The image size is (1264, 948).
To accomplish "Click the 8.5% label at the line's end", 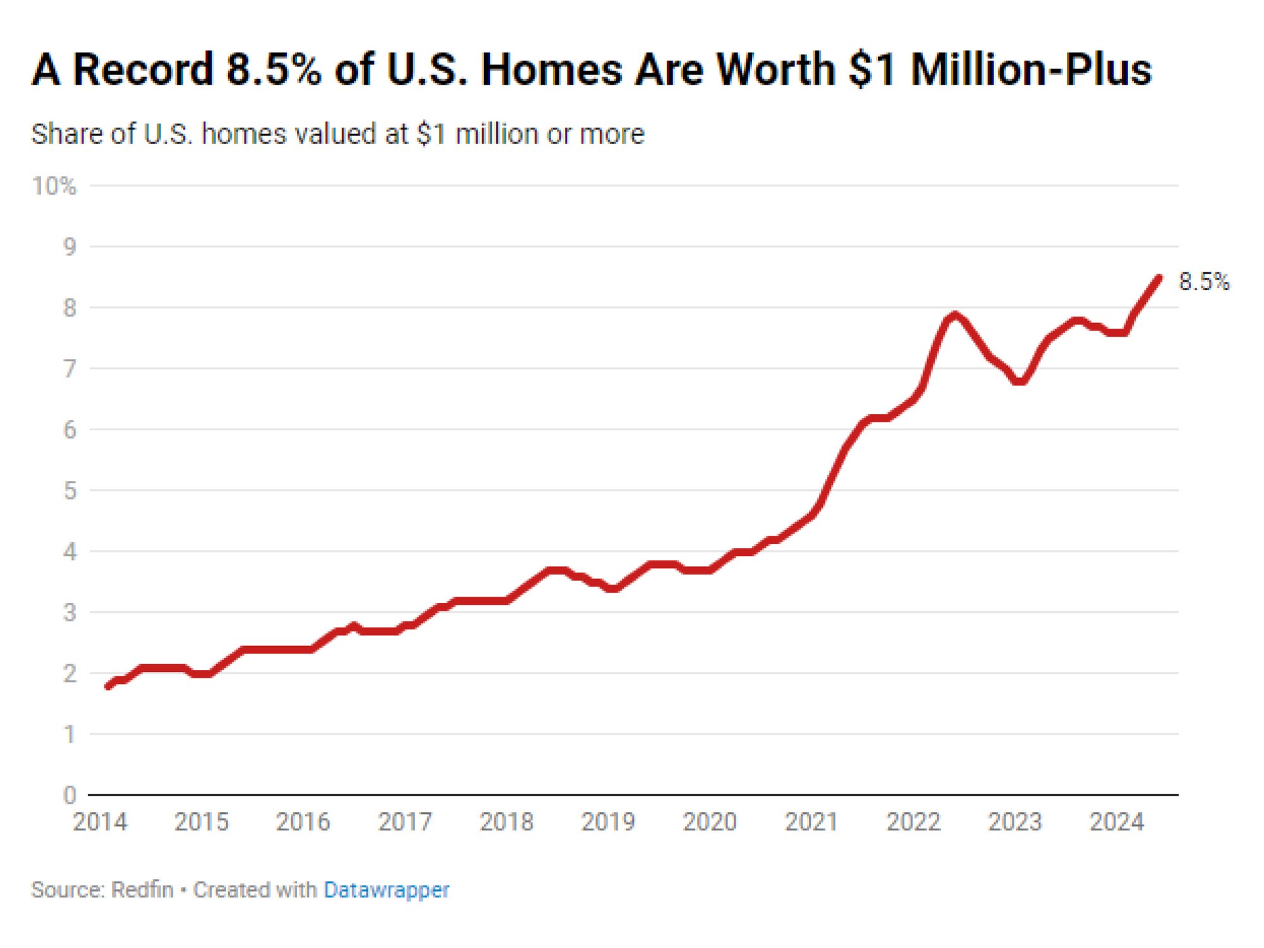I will coord(1203,281).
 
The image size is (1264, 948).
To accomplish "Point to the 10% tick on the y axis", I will coord(54,186).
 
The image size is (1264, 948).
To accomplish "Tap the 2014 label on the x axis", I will coord(100,822).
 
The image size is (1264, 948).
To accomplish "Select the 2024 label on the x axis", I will coord(1116,822).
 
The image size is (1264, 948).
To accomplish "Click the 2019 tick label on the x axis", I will coord(608,822).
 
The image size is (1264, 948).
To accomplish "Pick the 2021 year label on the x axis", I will coord(811,822).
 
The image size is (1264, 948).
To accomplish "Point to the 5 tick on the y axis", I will coord(70,490).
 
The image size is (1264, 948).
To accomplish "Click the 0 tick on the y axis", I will coord(70,795).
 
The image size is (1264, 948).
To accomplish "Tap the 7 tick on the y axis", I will coord(70,368).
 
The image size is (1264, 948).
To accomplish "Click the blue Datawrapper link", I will coord(386,890).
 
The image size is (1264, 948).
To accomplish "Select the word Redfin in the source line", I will coord(142,890).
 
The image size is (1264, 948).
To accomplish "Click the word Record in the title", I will coord(143,70).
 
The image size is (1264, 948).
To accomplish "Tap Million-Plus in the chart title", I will coord(1031,70).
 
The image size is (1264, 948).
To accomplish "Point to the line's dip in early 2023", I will coord(1019,381).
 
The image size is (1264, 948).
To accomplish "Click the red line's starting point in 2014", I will coord(107,686).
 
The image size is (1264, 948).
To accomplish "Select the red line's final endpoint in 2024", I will coord(1159,277).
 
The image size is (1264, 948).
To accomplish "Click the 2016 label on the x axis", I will coord(303,822).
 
